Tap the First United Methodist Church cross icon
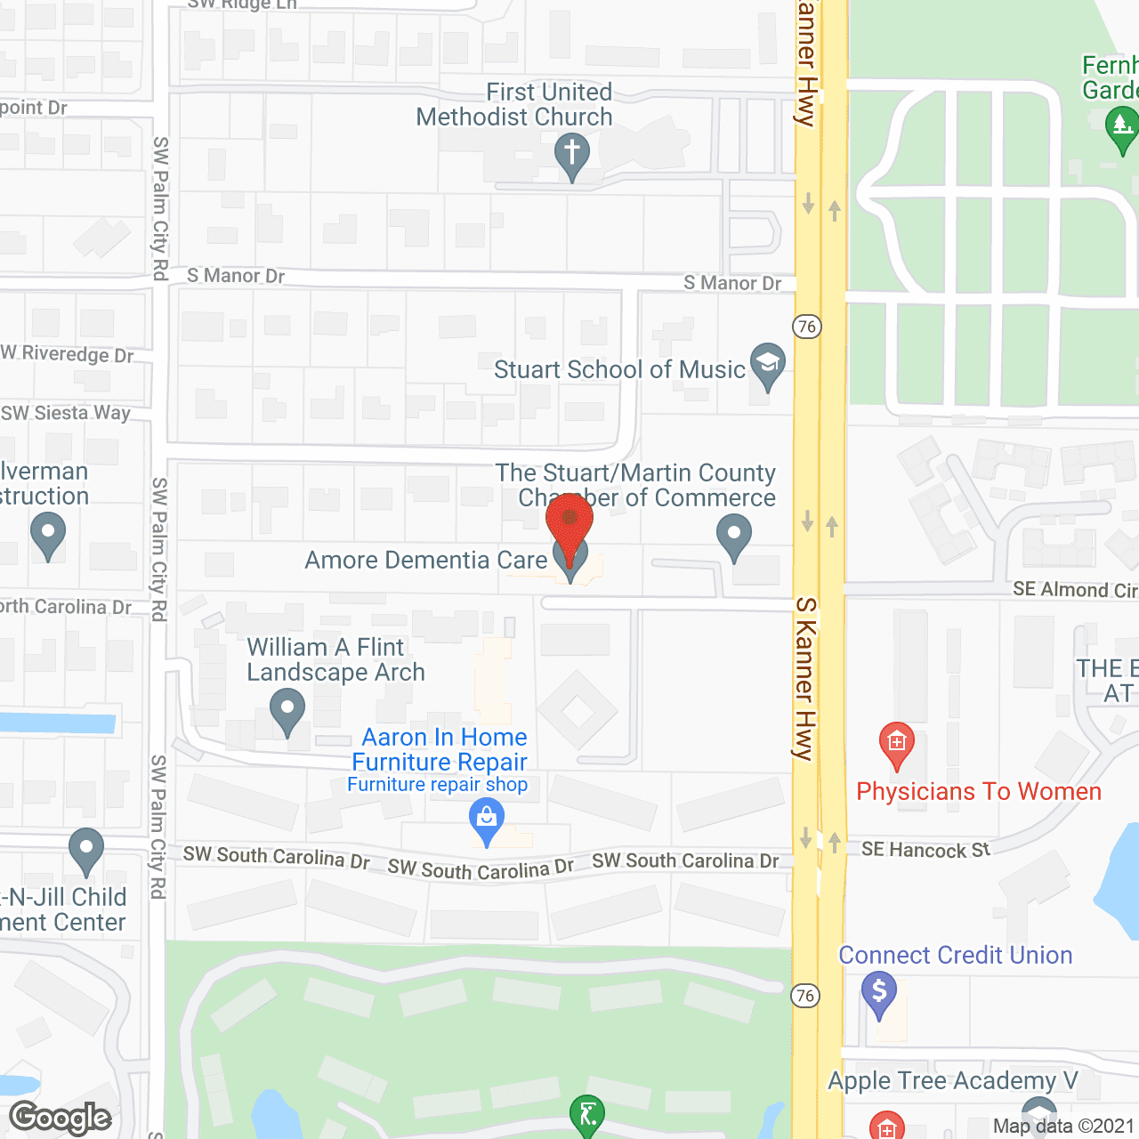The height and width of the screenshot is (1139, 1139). (572, 153)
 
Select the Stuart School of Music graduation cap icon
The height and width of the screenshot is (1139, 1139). (767, 363)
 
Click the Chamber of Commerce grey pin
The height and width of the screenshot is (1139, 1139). (734, 537)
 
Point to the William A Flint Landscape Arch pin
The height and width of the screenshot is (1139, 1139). (287, 711)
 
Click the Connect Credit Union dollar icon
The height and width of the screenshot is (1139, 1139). (879, 991)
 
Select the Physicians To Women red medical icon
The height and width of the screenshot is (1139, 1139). (896, 742)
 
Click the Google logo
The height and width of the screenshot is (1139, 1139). (61, 1118)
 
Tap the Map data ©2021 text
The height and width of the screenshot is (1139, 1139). (1063, 1127)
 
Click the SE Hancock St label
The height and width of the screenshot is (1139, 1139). (925, 850)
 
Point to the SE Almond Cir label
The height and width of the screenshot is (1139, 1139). (1075, 590)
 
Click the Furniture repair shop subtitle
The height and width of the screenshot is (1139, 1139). (437, 785)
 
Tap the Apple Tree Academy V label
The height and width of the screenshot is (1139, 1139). (952, 1080)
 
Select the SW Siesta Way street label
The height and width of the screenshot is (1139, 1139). (66, 413)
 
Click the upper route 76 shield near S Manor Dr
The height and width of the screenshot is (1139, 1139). (806, 327)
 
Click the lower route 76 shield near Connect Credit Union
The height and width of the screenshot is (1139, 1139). (804, 996)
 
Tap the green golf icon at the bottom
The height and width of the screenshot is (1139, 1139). (587, 1114)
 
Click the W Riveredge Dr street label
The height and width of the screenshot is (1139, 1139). (68, 354)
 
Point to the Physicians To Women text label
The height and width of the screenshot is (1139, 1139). (979, 792)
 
